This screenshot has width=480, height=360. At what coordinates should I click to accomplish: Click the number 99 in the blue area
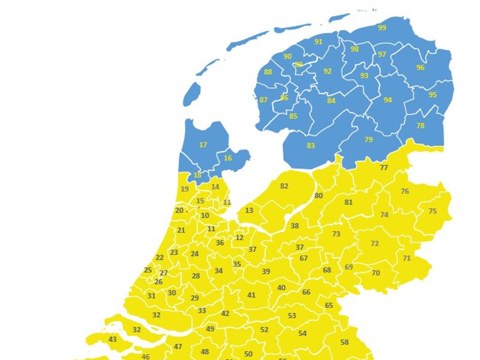382,28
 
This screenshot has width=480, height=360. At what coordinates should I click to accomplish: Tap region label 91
318,41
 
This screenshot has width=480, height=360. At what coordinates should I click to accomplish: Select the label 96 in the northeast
420,68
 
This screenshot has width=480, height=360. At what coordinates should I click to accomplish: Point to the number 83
311,145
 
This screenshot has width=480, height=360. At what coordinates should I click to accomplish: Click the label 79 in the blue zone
368,139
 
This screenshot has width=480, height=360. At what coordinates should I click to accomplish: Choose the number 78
420,125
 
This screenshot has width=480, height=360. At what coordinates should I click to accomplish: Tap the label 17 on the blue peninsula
203,145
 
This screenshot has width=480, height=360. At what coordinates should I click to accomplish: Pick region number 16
227,158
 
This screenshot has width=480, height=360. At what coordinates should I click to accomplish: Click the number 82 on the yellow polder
284,186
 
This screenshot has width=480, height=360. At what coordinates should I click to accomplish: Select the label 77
384,167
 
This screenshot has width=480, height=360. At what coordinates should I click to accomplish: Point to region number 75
433,211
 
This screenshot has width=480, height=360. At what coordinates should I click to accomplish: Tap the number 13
249,210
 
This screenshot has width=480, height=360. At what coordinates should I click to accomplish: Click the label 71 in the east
407,258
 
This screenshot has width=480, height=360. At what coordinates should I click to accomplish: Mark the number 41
251,295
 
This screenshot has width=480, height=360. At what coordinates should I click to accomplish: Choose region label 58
344,342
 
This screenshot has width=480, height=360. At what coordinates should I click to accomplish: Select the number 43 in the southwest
113,339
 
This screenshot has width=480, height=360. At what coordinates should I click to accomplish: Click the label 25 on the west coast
148,270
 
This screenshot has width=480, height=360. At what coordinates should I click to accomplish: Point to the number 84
331,100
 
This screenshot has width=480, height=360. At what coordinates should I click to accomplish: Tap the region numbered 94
388,100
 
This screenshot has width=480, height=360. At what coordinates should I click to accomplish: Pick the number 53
292,316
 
